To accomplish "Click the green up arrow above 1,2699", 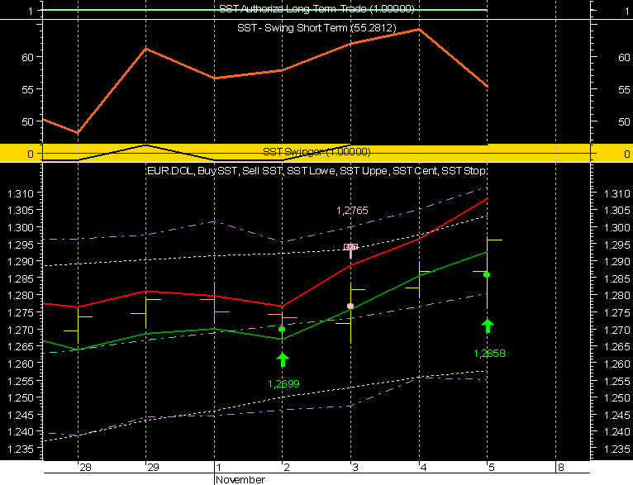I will click(x=283, y=359).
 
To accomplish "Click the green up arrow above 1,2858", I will click(x=488, y=325).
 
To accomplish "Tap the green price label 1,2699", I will click(x=283, y=383).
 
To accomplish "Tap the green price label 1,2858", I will click(x=489, y=354).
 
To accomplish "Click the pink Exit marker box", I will click(x=351, y=247).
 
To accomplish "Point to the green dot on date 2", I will click(x=282, y=329).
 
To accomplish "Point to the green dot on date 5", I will click(x=487, y=274).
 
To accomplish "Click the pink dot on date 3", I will click(x=350, y=306).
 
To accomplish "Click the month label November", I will click(x=240, y=479).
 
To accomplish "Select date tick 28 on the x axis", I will click(x=85, y=468).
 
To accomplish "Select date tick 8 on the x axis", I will click(x=559, y=468).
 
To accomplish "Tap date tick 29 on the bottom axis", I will click(x=152, y=468).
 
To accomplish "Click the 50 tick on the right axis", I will click(x=607, y=121).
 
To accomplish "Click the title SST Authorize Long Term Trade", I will click(x=316, y=9).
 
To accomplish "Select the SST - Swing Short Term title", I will click(x=317, y=28).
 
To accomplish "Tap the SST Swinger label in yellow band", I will click(x=316, y=152).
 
